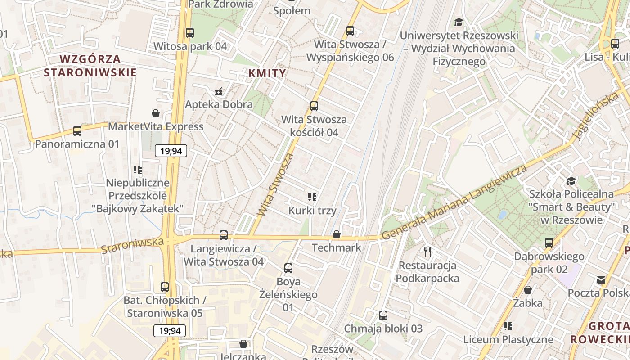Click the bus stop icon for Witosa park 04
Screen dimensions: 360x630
tap(190, 32)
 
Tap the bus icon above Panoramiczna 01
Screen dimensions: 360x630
tap(77, 131)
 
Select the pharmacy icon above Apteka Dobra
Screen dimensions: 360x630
tap(219, 91)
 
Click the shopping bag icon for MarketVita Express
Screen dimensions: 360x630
tap(156, 113)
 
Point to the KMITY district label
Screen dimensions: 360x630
tap(267, 73)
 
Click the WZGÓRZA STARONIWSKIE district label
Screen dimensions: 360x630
tap(90, 66)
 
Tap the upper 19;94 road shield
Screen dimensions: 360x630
tap(171, 151)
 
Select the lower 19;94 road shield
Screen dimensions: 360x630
tap(170, 331)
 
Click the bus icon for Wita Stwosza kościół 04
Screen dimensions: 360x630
tap(314, 106)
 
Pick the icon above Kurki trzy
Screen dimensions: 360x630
tap(312, 197)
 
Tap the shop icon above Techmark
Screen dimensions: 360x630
tap(336, 234)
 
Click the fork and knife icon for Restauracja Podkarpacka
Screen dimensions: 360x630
tap(427, 252)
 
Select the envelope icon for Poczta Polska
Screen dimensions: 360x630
tap(601, 280)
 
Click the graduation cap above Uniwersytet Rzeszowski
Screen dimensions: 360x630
tap(459, 22)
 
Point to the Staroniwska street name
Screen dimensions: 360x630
tap(132, 246)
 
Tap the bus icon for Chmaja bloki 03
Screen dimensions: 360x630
tap(383, 315)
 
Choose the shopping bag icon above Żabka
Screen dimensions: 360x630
tap(528, 289)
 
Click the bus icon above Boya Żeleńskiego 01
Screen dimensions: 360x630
tap(288, 268)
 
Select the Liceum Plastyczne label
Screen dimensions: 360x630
tap(508, 339)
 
